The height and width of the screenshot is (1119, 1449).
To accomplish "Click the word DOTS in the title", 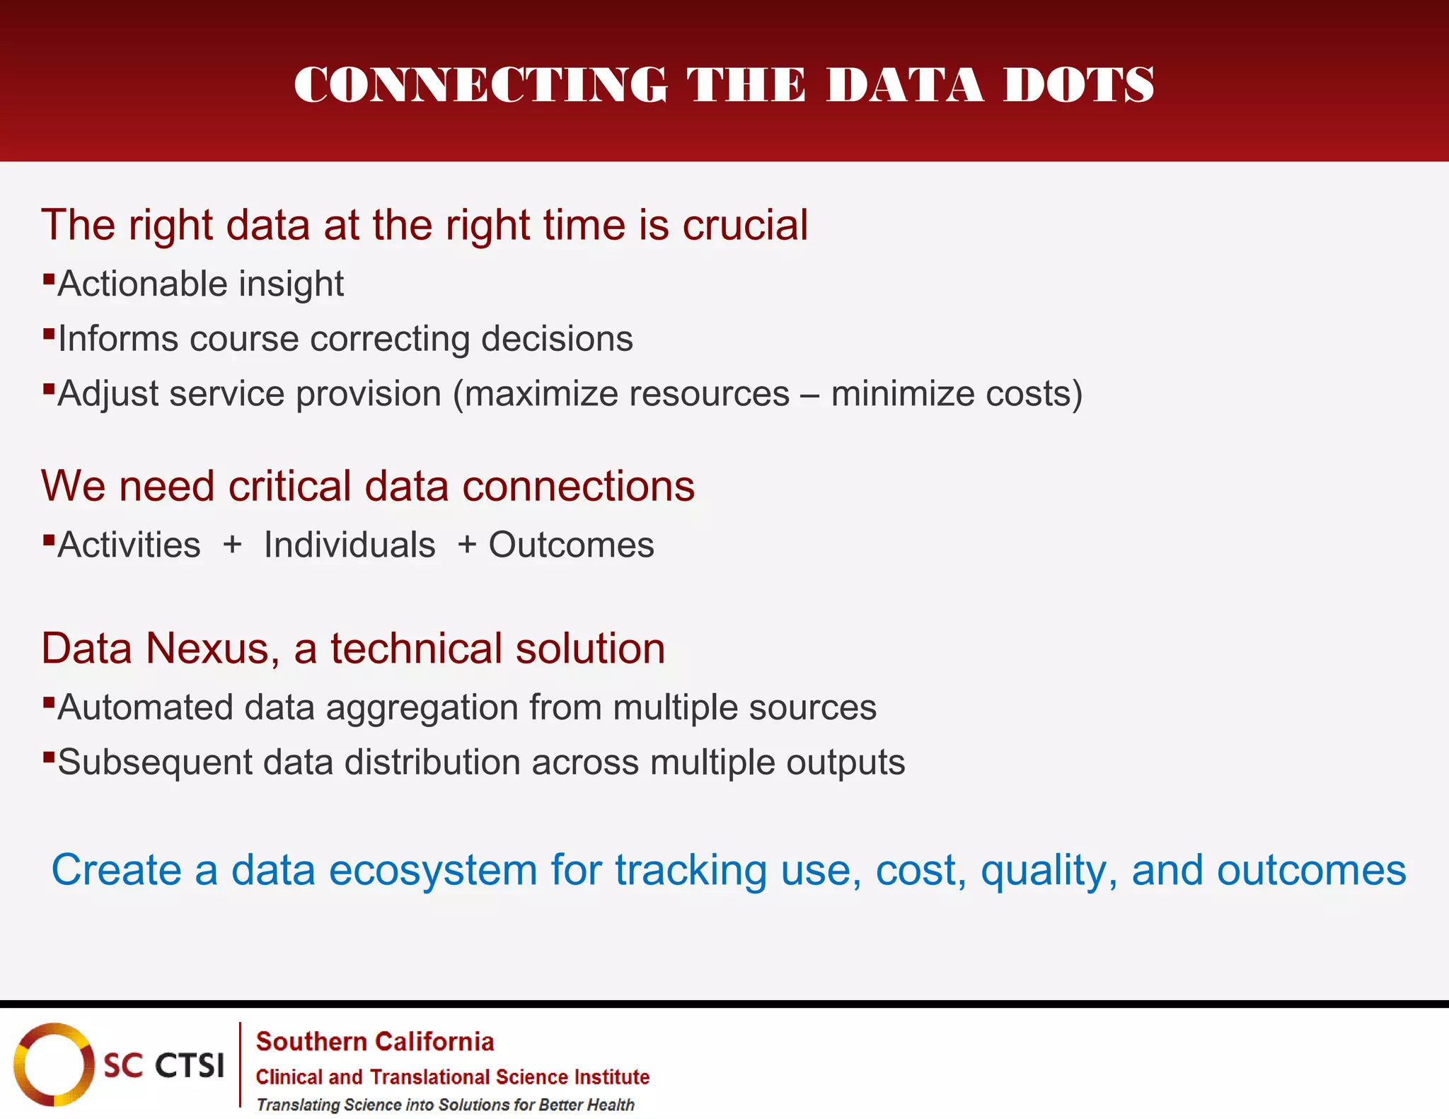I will pyautogui.click(x=1078, y=85).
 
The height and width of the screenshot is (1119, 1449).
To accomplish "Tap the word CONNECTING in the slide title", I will pyautogui.click(x=480, y=85).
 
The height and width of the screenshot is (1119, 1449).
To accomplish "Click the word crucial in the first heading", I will pyautogui.click(x=744, y=226).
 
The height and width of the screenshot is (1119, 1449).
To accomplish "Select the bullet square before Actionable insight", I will pyautogui.click(x=49, y=277).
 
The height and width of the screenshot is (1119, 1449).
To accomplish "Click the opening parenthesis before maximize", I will pyautogui.click(x=458, y=394).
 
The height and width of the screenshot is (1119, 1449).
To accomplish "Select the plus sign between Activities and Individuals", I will pyautogui.click(x=232, y=545).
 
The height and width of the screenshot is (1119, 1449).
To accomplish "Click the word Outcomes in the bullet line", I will pyautogui.click(x=572, y=545).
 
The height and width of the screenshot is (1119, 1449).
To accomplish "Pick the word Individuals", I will pyautogui.click(x=350, y=545).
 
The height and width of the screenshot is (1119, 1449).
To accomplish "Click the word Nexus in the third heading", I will pyautogui.click(x=212, y=649).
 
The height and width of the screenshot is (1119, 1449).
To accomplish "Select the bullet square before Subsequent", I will pyautogui.click(x=49, y=757).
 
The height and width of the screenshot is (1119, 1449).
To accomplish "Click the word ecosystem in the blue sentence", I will pyautogui.click(x=433, y=870).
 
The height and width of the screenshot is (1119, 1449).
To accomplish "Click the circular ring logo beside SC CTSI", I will pyautogui.click(x=54, y=1064).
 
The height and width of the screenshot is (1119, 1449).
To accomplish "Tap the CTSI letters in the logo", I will pyautogui.click(x=189, y=1065).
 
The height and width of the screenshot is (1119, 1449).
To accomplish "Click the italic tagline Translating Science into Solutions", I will pyautogui.click(x=445, y=1105).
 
